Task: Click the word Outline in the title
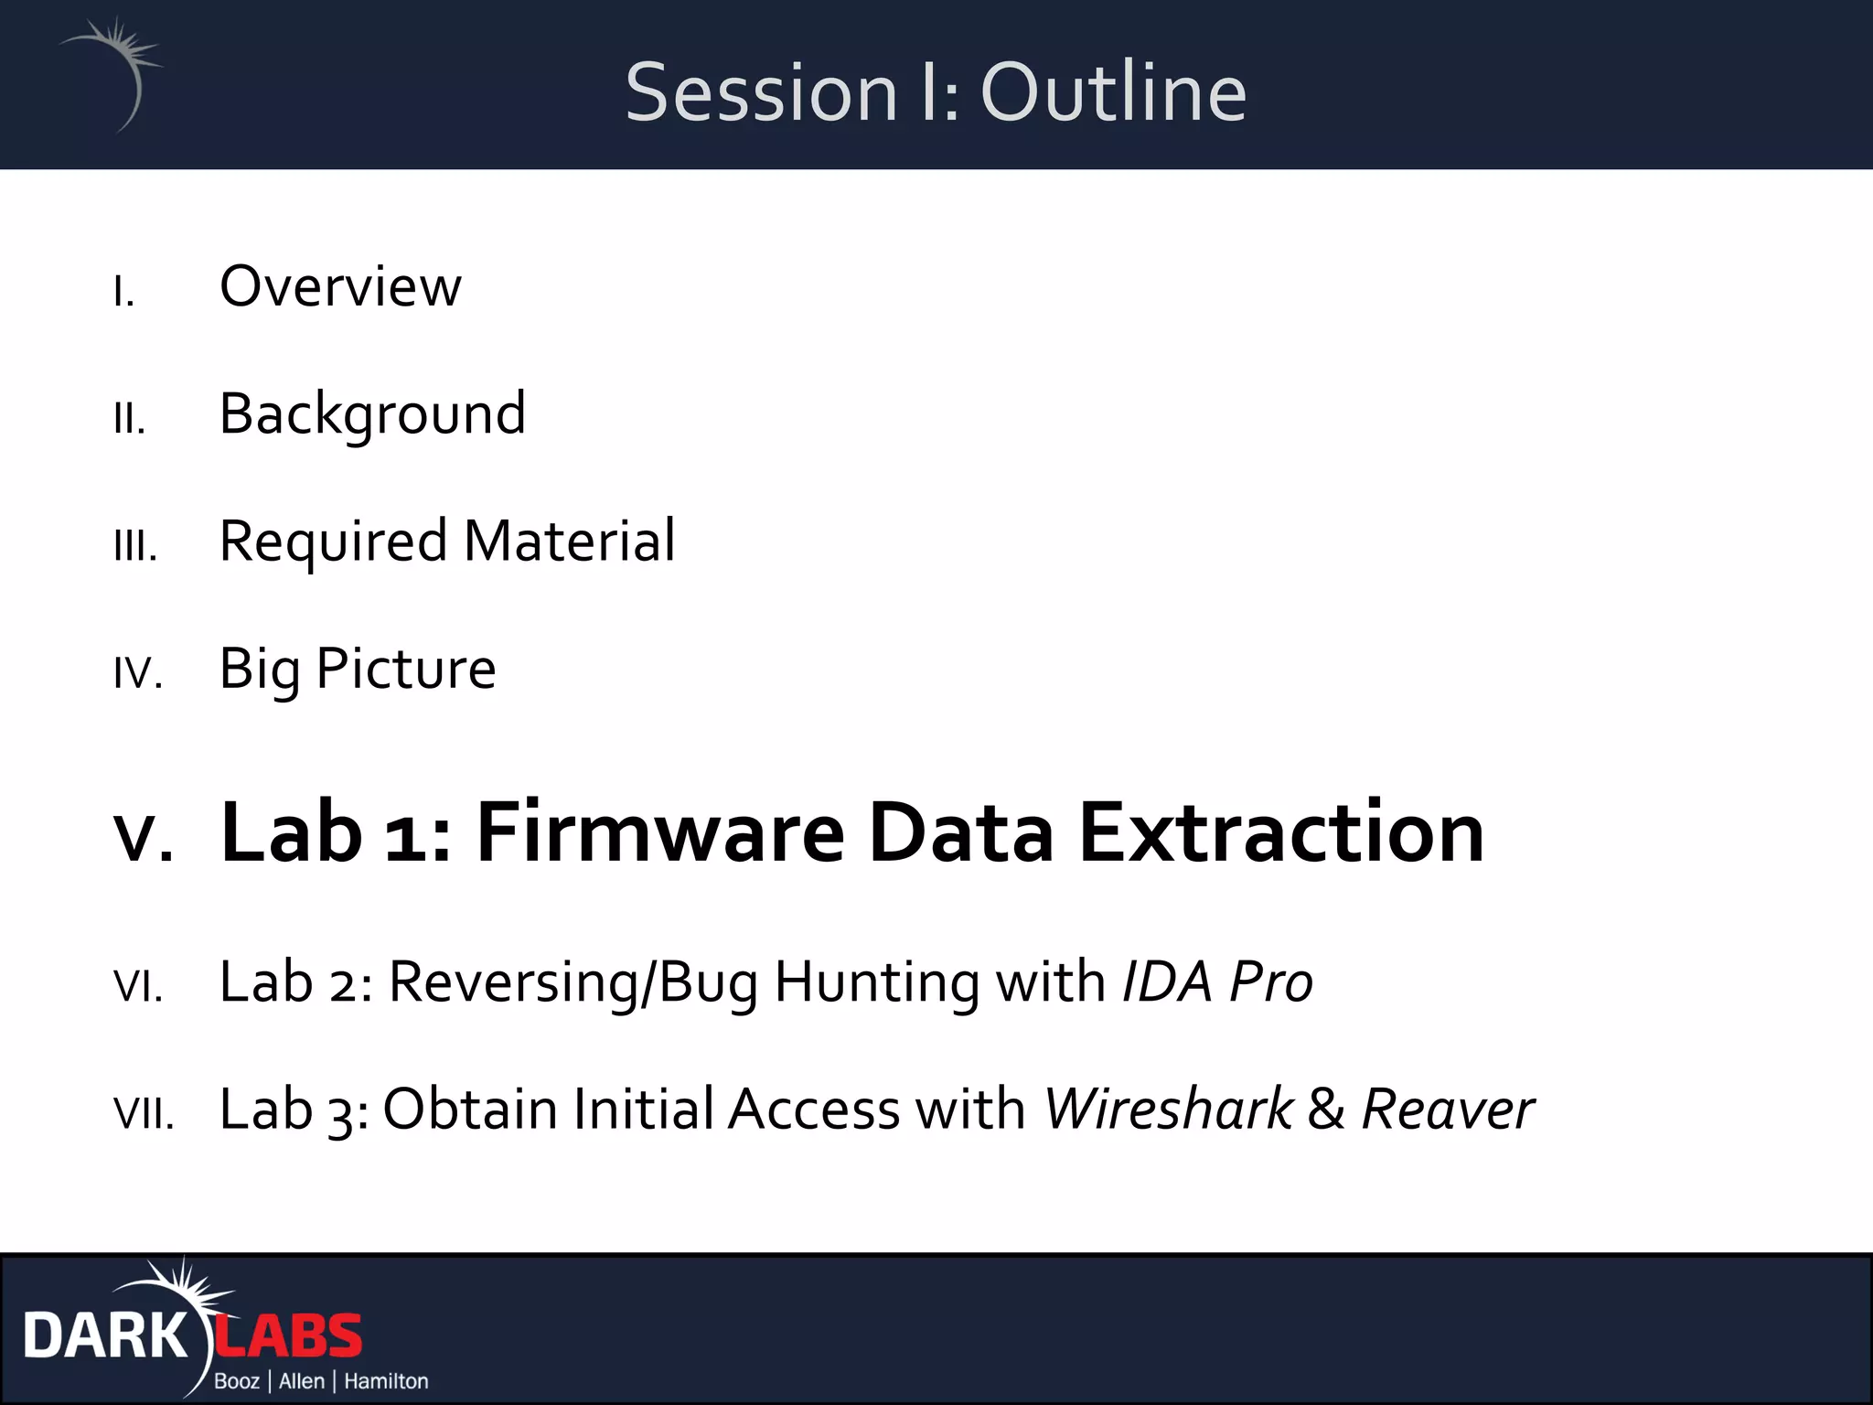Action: [1113, 92]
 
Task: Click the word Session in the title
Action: [761, 92]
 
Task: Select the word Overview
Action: [340, 286]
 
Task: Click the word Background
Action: [372, 414]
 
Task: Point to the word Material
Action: [569, 541]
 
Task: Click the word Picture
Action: [405, 669]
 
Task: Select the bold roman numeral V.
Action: [143, 835]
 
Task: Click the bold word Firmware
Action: [660, 831]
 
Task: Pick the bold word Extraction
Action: [1281, 831]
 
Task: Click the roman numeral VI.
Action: [138, 987]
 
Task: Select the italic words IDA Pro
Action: [1217, 981]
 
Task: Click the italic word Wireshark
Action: [1169, 1110]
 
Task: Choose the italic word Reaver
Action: [1448, 1110]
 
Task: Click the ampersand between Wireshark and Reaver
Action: [1326, 1110]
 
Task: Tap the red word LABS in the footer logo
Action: [289, 1336]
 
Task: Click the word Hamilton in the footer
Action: [386, 1381]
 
